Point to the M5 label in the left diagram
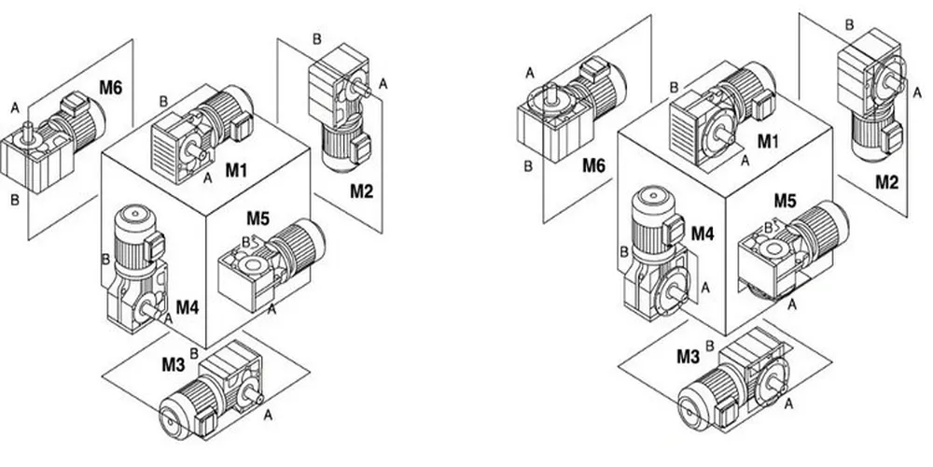click(x=259, y=219)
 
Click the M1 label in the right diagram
click(x=769, y=141)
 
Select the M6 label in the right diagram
click(x=592, y=165)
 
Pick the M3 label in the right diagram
click(x=689, y=356)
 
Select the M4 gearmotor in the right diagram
click(x=659, y=248)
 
